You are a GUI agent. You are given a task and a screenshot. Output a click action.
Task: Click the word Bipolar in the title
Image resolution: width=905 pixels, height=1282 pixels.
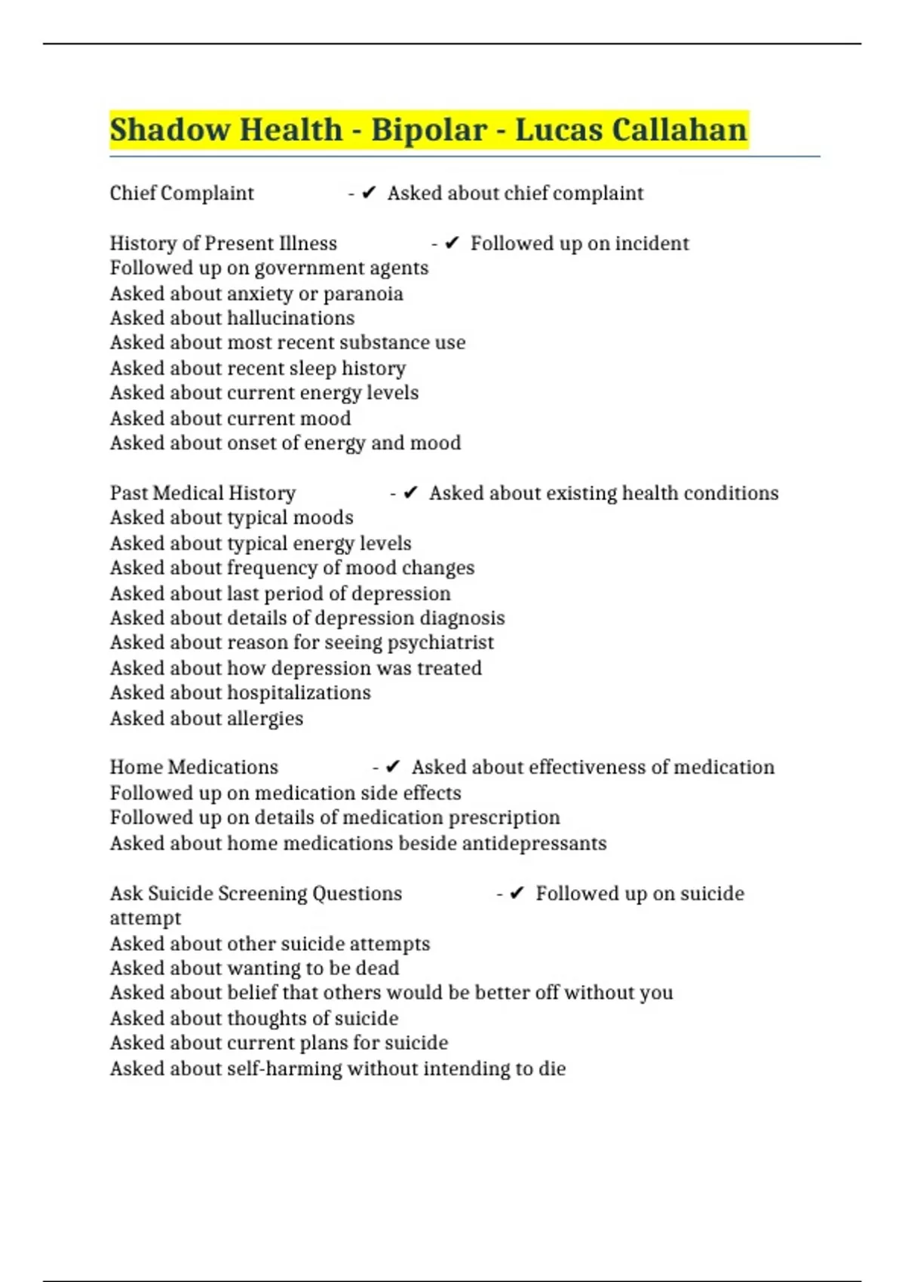[x=428, y=130]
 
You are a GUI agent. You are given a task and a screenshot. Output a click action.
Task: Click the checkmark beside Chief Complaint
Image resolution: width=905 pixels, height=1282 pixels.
[x=369, y=193]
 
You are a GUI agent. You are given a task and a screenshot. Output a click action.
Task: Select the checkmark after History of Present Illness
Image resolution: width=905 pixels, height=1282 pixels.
[x=452, y=243]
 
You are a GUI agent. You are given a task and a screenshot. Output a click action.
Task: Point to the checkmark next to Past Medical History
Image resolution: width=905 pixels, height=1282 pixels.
[x=410, y=492]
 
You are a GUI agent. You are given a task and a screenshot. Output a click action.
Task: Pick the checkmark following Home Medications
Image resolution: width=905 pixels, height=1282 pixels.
[x=393, y=767]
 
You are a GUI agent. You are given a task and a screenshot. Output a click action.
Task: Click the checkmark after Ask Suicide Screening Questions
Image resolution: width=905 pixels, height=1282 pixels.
[x=517, y=893]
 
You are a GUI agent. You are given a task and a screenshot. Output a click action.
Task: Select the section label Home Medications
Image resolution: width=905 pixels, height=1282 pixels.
[x=194, y=767]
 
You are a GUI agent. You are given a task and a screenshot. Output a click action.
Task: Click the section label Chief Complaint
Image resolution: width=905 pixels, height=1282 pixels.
[x=182, y=193]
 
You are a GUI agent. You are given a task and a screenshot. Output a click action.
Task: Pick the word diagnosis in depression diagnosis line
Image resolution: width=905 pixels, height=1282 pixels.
[x=462, y=618]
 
